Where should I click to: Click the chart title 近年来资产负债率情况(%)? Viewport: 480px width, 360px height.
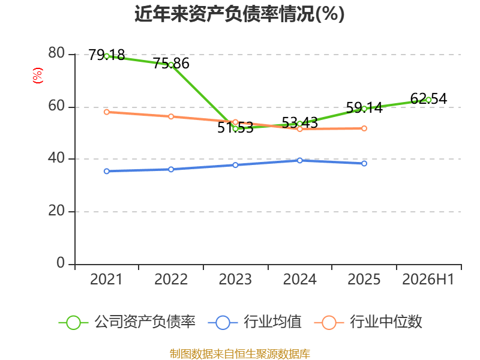[239, 14]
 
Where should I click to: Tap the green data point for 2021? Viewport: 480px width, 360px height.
[107, 56]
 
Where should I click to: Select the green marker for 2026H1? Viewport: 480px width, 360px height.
[428, 100]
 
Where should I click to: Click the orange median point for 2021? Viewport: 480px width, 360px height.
[107, 112]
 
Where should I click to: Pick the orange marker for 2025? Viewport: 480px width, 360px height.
[364, 128]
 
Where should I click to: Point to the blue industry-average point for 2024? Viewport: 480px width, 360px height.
[299, 160]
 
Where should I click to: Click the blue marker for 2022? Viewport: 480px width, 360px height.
[171, 169]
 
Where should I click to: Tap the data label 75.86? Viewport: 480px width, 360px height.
[171, 64]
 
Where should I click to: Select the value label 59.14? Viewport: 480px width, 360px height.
[364, 108]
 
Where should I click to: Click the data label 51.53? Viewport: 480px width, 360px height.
[235, 128]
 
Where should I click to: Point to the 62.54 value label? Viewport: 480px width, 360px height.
[428, 98]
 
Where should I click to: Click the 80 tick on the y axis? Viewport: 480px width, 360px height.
[56, 53]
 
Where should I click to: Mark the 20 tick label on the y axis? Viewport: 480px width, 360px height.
[56, 211]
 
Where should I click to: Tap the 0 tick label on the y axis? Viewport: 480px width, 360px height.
[61, 263]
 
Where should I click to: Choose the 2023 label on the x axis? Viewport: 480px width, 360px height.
[235, 280]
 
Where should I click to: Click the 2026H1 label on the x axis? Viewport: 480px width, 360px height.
[428, 280]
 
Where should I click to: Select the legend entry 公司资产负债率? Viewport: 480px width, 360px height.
[127, 322]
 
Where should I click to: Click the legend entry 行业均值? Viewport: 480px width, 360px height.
[254, 322]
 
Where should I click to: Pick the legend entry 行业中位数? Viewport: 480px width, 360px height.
[368, 322]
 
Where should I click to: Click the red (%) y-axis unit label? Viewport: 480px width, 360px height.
[38, 76]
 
